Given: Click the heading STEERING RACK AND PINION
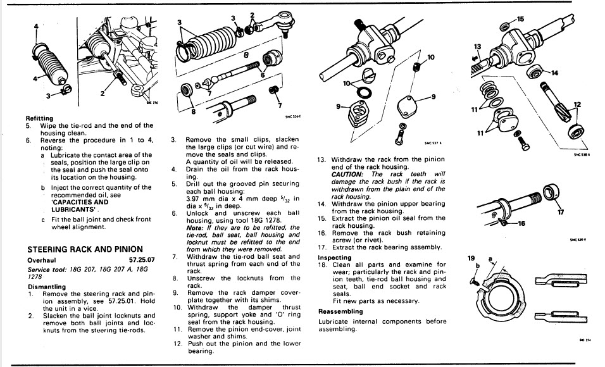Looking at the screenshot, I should click(x=84, y=249).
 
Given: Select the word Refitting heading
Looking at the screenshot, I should click(x=39, y=118).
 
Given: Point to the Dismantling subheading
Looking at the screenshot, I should click(x=47, y=286).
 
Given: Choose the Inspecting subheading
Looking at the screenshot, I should click(x=335, y=258).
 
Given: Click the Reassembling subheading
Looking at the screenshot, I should click(x=340, y=311).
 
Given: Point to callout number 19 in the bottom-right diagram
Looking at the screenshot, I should click(x=471, y=258).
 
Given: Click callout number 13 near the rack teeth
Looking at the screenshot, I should click(x=477, y=46).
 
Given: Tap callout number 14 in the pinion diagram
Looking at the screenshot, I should click(x=554, y=73).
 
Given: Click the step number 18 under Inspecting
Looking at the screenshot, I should click(x=321, y=264).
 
